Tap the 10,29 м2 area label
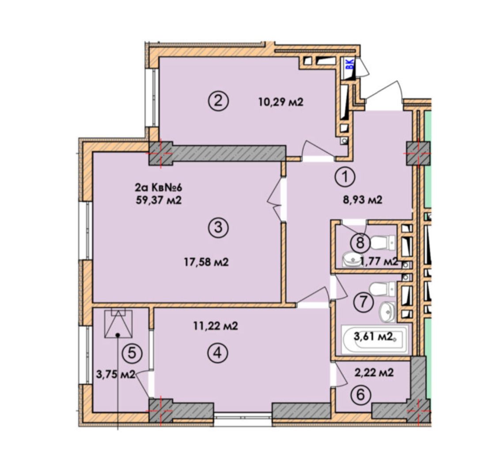281,102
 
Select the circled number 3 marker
218,227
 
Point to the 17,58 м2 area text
206,262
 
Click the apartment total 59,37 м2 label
159,200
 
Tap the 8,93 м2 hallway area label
362,200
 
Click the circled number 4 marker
218,353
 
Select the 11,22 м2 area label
216,326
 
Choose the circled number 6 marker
360,395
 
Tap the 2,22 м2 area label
374,373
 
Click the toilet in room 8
383,243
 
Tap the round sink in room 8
353,259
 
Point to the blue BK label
349,64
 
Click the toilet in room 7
382,289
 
